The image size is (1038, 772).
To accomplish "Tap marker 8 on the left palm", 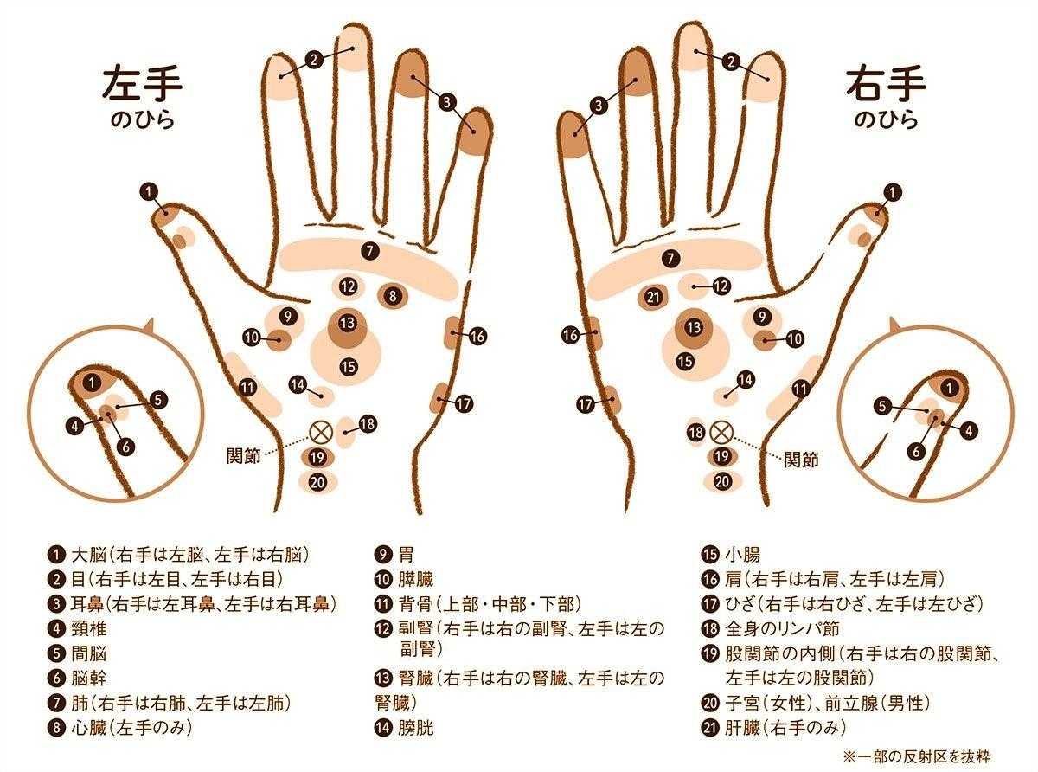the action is click(393, 296).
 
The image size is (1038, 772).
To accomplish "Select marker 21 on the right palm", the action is click(653, 296).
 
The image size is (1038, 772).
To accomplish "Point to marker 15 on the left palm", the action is click(349, 366).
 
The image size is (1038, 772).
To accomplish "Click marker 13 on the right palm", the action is click(694, 326).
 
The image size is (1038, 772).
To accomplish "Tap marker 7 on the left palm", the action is click(369, 251).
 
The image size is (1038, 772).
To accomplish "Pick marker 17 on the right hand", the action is click(585, 404).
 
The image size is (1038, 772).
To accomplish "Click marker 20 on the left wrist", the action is click(317, 482).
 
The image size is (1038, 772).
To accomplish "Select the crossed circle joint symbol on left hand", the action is click(321, 432).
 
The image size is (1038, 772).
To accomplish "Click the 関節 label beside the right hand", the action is click(801, 460).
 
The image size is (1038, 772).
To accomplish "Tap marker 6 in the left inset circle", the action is click(125, 447).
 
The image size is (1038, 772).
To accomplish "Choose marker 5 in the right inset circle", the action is click(882, 406).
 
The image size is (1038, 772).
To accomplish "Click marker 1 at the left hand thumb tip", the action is click(149, 192).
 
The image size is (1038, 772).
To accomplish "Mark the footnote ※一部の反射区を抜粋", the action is click(917, 756).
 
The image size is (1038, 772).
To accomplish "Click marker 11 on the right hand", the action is click(800, 389).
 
